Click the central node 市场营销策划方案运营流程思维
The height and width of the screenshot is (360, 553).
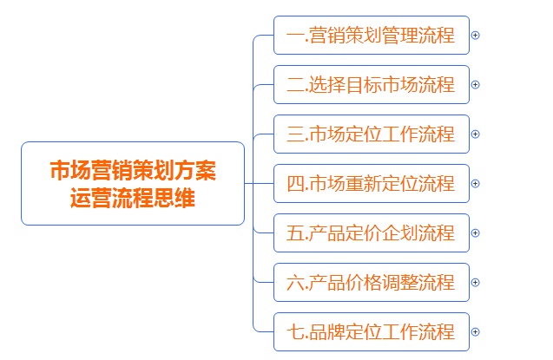click(x=133, y=183)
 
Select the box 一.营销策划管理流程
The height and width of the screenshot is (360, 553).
click(x=371, y=36)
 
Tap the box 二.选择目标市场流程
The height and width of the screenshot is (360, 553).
click(x=371, y=85)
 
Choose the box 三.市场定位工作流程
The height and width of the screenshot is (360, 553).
click(x=371, y=134)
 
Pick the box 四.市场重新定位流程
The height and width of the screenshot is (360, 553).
click(x=371, y=184)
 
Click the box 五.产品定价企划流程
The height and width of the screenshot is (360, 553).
click(x=371, y=233)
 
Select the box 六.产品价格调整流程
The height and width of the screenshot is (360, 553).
click(x=371, y=283)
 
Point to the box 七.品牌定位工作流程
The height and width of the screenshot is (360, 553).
click(x=371, y=332)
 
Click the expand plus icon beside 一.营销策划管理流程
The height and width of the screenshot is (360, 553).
click(x=475, y=36)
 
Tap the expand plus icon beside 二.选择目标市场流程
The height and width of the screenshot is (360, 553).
click(x=475, y=85)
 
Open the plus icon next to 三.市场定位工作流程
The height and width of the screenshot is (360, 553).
click(x=475, y=134)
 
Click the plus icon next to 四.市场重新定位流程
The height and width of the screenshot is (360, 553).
click(x=475, y=184)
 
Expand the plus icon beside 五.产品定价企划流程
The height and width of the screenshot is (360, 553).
click(x=475, y=233)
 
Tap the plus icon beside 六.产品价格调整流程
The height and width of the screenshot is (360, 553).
click(x=475, y=283)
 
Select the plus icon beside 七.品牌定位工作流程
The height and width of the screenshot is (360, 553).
click(x=475, y=332)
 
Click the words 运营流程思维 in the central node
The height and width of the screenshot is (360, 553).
click(x=133, y=198)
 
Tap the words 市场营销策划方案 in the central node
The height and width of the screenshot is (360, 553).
click(x=133, y=170)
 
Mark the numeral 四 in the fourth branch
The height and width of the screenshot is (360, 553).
click(x=295, y=184)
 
